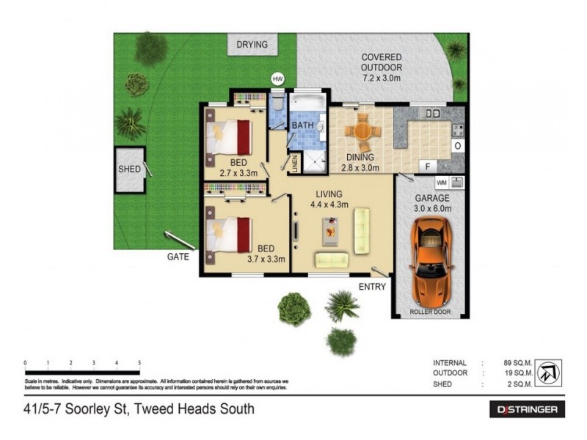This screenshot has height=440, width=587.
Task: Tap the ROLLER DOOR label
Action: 431,312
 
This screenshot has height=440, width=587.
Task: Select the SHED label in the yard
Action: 129,169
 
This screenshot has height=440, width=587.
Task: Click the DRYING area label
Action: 252,45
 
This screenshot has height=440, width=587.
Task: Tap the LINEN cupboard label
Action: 295,164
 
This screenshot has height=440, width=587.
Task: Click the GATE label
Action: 178,257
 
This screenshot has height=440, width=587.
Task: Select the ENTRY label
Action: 372,287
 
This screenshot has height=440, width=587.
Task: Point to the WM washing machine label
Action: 442,182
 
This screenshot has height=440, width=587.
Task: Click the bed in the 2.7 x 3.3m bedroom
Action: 230,137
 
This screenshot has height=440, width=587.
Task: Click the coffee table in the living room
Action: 330,232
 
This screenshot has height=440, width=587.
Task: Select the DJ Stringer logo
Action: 527,409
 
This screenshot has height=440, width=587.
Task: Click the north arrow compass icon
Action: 549,372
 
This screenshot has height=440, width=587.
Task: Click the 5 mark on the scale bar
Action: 139,363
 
